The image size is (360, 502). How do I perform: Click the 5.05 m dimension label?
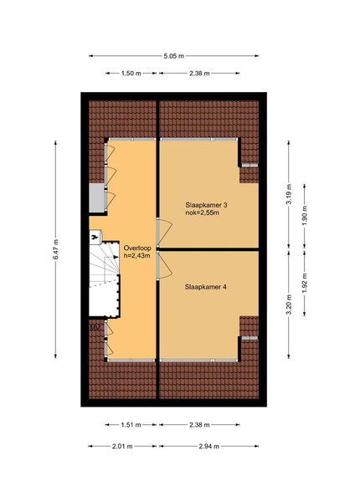click(174, 56)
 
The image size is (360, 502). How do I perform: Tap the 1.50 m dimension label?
click(131, 74)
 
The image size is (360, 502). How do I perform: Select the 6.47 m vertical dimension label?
click(56, 249)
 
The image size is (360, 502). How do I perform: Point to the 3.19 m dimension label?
click(289, 194)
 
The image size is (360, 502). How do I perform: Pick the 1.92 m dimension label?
click(304, 283)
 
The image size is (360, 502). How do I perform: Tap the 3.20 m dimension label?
click(289, 305)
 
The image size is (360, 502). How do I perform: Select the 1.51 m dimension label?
click(131, 425)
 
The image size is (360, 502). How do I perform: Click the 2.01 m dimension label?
click(122, 446)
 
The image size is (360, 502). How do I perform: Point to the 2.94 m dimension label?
click(208, 446)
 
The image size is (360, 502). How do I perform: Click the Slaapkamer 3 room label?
click(206, 205)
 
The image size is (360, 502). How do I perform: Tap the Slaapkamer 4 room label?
click(206, 287)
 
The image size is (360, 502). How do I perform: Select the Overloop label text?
click(137, 248)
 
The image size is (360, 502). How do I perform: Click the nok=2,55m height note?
click(203, 213)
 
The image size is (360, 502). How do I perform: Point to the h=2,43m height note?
click(136, 256)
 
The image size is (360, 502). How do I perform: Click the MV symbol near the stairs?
click(95, 327)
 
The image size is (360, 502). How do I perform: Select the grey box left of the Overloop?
click(96, 197)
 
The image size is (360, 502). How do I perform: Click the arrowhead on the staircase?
click(116, 257)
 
